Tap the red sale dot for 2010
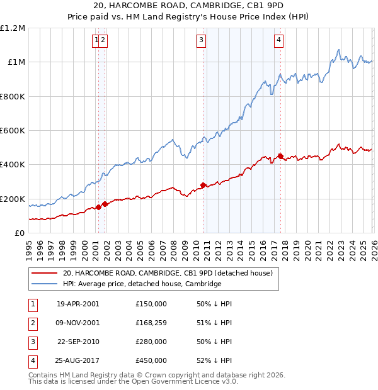203,185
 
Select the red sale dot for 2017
280,156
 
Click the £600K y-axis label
13,131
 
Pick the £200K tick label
13,199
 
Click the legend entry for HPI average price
142,284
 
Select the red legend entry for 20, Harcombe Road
167,273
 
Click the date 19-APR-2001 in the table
77,304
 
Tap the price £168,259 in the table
151,323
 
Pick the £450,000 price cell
151,361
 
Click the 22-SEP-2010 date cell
77,342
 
